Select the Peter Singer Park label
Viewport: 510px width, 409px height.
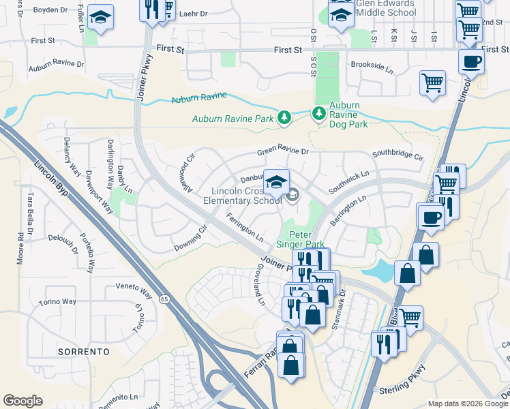click(x=300, y=238)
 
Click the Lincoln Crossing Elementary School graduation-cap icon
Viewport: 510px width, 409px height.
click(x=275, y=181)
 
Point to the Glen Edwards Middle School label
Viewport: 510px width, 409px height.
click(x=385, y=7)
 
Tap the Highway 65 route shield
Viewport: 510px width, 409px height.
click(x=164, y=299)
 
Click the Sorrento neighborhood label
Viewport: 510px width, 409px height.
click(x=84, y=352)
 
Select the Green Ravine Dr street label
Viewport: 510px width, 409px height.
click(x=283, y=153)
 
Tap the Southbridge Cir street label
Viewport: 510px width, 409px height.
click(x=398, y=154)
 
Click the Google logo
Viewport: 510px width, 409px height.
click(x=22, y=401)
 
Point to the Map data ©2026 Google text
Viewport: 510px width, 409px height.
click(x=467, y=404)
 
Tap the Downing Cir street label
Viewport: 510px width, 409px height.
click(x=190, y=238)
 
